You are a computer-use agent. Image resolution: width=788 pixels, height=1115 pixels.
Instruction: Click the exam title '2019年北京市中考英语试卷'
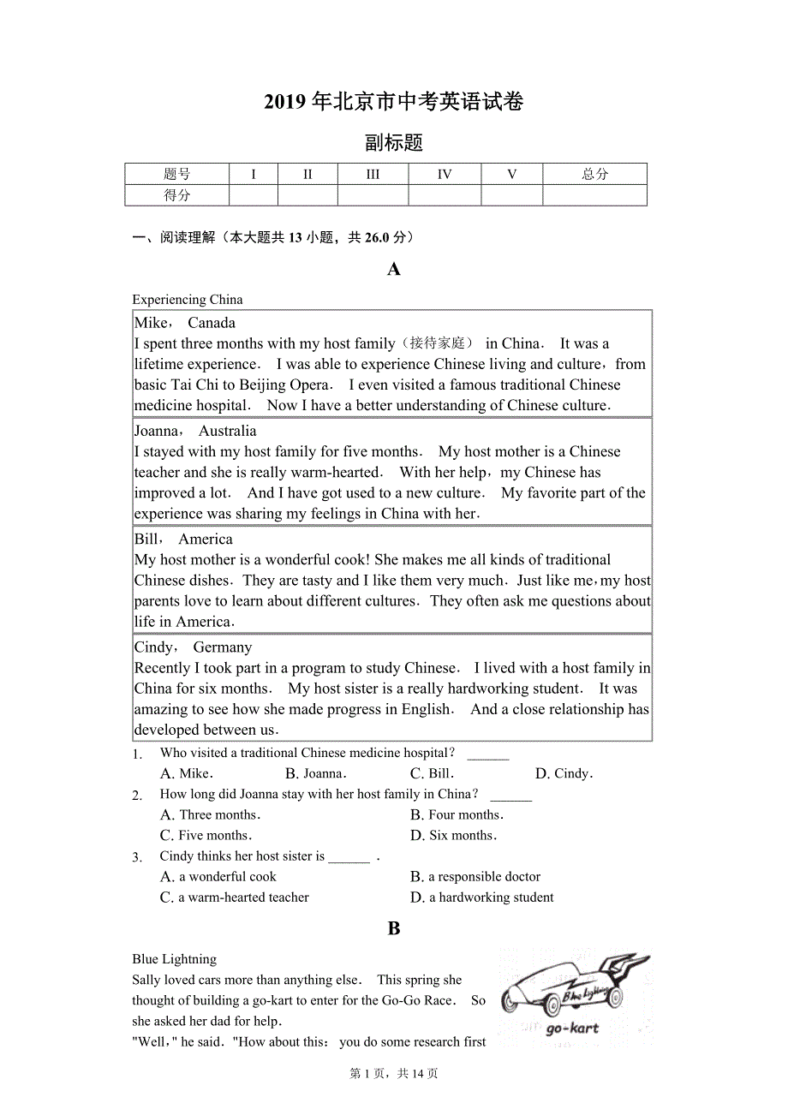coord(393,102)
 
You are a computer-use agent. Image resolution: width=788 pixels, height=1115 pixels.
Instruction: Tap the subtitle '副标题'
coord(393,143)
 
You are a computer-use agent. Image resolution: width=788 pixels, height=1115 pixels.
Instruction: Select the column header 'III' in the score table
coord(373,174)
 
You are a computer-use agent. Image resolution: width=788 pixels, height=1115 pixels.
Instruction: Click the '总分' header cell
coord(594,174)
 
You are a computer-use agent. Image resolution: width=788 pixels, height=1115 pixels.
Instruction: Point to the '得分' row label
coord(177,195)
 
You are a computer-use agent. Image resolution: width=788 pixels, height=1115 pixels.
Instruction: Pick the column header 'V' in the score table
coord(511,174)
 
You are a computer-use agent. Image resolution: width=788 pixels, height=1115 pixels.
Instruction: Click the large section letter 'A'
coord(394,269)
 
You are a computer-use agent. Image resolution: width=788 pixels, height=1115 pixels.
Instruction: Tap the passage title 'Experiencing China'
coord(188,300)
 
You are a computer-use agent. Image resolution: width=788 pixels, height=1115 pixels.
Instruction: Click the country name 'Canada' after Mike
coord(212,323)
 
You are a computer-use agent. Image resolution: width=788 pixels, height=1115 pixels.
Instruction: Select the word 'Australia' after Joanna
coord(227,431)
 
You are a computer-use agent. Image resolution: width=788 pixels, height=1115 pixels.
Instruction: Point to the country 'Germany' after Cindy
coord(223,647)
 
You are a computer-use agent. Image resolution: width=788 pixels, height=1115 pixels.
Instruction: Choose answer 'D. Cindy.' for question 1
coord(564,773)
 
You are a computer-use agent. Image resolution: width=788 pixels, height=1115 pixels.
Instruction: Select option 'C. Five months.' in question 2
coord(206,835)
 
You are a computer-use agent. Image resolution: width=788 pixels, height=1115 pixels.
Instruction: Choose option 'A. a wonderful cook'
coord(218,876)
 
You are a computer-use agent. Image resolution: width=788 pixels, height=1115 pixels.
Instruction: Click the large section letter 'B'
coord(394,928)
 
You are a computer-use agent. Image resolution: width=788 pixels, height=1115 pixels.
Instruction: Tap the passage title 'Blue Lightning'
coord(175,959)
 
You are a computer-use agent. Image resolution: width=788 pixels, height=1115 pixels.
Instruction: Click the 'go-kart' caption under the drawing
coord(572,1028)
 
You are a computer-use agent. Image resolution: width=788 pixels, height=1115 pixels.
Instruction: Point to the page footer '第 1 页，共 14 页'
coord(394,1073)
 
